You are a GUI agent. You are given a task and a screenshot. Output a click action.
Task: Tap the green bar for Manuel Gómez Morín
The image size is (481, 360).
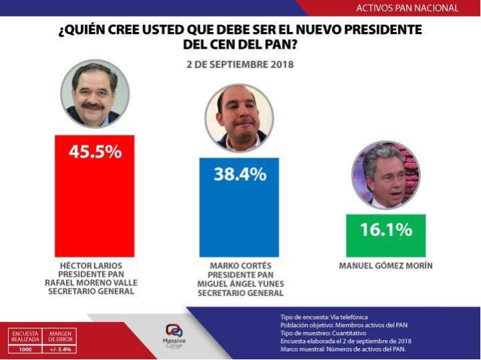385,236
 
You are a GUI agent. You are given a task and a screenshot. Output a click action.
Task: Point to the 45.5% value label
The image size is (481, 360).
95,152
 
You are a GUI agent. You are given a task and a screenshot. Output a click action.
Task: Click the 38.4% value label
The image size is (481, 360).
240,175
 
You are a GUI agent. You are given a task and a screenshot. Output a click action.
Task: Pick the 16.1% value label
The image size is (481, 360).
385,230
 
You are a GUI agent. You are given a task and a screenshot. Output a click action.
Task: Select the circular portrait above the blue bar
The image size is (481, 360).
239,118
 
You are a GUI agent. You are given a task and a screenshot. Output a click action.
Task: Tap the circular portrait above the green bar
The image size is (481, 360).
385,175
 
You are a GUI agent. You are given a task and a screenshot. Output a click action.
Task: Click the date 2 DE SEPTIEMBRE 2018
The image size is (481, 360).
240,65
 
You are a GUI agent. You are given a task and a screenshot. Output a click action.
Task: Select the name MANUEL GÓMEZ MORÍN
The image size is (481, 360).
385,266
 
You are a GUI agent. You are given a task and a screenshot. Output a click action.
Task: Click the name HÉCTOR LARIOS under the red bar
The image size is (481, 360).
94,265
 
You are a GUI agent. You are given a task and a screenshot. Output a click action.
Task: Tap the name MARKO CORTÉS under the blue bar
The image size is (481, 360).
239,266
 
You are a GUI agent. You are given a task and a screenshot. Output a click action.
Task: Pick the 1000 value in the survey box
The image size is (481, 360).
25,349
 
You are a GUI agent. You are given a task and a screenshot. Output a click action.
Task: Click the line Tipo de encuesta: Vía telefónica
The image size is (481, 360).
325,316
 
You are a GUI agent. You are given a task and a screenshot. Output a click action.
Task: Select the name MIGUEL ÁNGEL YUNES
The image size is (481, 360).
239,284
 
